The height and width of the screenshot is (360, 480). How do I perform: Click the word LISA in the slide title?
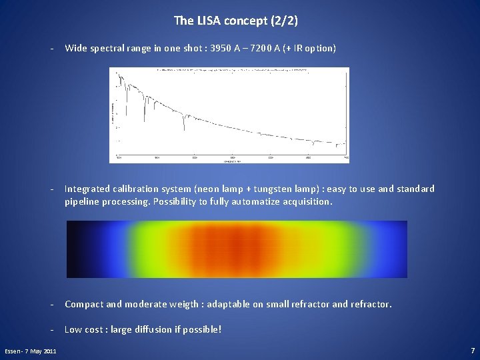tap(206, 21)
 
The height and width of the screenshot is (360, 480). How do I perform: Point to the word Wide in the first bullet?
tap(75, 49)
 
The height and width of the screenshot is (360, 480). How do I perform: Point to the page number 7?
tap(472, 350)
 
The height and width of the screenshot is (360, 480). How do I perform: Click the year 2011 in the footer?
tap(49, 351)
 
